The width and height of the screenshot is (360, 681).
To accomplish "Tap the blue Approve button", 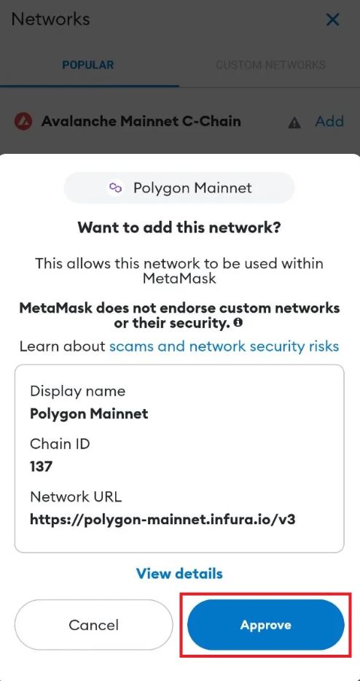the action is (266, 625).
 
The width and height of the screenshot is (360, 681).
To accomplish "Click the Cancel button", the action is (93, 625).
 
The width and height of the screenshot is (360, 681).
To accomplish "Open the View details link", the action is (179, 573).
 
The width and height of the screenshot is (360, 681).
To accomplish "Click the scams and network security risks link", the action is (224, 346).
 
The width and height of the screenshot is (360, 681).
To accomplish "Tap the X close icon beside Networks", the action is (332, 20).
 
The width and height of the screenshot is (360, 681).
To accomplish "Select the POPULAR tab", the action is (88, 65).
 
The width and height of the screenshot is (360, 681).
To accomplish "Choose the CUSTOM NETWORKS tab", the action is (270, 65).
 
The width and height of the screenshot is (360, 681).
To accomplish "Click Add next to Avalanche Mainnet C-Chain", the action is (329, 121).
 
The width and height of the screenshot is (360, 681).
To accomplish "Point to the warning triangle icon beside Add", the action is (294, 123).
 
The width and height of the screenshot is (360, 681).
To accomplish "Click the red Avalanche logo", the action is (23, 122).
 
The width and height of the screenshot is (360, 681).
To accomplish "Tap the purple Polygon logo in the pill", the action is (115, 188).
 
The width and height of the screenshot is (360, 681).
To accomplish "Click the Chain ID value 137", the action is (42, 467).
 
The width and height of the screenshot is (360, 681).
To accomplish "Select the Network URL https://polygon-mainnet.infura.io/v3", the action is (163, 519).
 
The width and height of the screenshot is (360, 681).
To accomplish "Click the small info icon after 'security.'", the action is (238, 323).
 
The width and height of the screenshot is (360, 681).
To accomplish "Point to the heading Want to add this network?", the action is (179, 227).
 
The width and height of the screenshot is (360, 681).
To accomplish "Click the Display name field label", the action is (78, 392).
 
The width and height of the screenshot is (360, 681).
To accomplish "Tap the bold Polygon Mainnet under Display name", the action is (89, 414).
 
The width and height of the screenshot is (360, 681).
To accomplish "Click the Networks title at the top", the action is (51, 19).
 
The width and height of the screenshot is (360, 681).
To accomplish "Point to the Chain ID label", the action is (60, 444).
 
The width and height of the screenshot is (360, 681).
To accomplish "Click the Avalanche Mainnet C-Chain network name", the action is (141, 121).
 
